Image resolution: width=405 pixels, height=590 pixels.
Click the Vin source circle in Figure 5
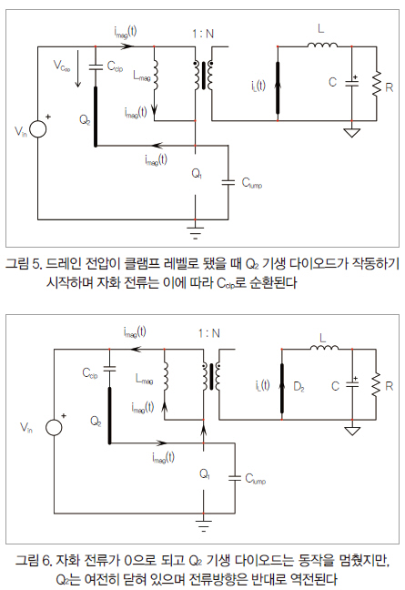pyautogui.click(x=38, y=129)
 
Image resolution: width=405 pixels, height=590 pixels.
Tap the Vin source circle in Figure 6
pyautogui.click(x=54, y=427)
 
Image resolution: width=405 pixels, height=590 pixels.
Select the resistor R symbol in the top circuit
pyautogui.click(x=377, y=84)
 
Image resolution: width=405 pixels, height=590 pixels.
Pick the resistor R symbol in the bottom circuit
pyautogui.click(x=376, y=384)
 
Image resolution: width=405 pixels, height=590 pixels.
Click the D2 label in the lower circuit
pyautogui.click(x=299, y=386)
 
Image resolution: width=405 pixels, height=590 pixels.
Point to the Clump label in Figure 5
pyautogui.click(x=251, y=183)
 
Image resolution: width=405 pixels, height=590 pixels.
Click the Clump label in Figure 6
pyautogui.click(x=256, y=479)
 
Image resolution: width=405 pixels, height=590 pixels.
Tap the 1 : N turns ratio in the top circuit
pyautogui.click(x=203, y=34)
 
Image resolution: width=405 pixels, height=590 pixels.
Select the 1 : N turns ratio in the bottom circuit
pyautogui.click(x=209, y=333)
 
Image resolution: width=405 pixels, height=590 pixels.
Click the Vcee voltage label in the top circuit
pyautogui.click(x=62, y=66)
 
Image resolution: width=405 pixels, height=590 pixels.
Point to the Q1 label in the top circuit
pyautogui.click(x=197, y=174)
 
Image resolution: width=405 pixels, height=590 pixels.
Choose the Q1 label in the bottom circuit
pyautogui.click(x=205, y=473)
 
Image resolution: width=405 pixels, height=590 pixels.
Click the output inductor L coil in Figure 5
pyautogui.click(x=322, y=45)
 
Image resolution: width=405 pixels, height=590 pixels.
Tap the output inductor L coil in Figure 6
pyautogui.click(x=324, y=348)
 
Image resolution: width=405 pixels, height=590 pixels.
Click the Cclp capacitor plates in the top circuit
pyautogui.click(x=96, y=67)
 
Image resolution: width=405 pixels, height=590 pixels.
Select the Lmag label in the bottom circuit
pyautogui.click(x=144, y=379)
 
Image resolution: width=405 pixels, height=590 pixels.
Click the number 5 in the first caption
pyautogui.click(x=36, y=264)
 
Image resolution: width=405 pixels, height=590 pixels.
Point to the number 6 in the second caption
pyautogui.click(x=46, y=561)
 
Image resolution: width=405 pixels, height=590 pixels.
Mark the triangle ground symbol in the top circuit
pyautogui.click(x=351, y=132)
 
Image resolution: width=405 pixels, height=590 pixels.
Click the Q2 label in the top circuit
pyautogui.click(x=85, y=120)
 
